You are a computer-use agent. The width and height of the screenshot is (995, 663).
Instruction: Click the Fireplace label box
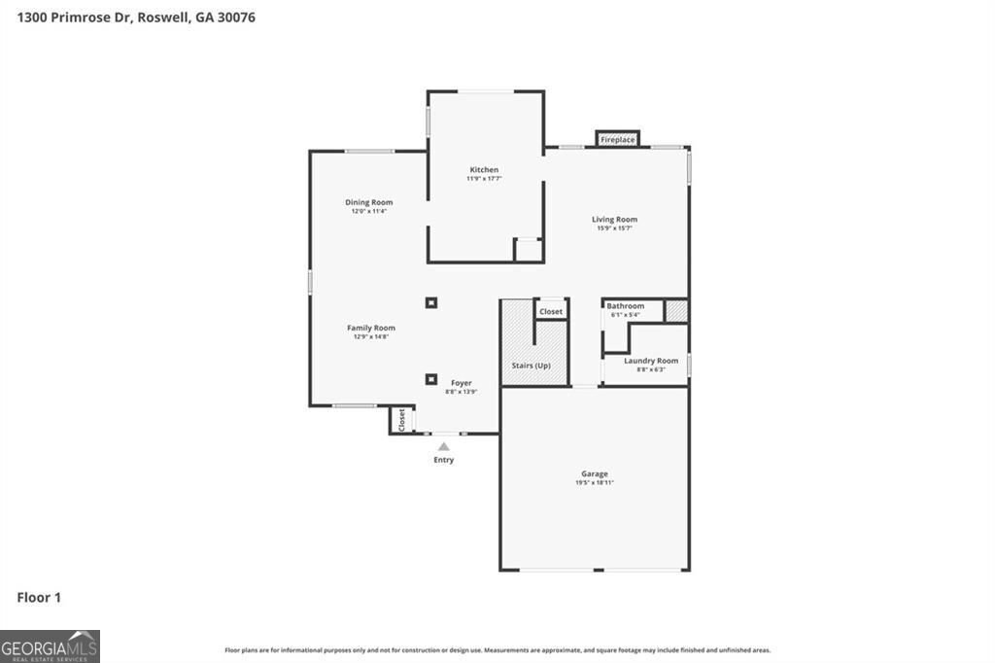(x=617, y=140)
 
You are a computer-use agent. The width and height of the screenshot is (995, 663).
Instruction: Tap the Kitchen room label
(x=483, y=170)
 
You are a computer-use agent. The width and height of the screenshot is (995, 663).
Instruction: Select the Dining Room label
(x=368, y=202)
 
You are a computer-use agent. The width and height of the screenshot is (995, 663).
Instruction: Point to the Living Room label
(x=614, y=220)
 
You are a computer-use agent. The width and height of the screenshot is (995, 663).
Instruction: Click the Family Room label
(x=371, y=328)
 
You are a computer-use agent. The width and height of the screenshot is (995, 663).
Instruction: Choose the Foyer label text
(x=461, y=383)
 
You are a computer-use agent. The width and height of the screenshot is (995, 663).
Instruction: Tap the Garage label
(x=595, y=473)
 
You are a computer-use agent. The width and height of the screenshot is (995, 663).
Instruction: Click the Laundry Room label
(x=651, y=361)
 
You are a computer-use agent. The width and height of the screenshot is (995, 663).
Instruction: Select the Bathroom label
(x=626, y=306)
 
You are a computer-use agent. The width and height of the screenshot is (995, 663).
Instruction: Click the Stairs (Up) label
(x=532, y=366)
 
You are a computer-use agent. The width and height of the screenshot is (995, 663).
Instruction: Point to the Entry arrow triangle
(x=444, y=447)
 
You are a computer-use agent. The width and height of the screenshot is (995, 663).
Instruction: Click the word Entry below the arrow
(x=444, y=460)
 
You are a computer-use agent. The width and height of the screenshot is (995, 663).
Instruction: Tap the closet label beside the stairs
(x=551, y=312)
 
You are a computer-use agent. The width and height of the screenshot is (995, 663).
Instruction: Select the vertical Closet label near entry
(x=401, y=420)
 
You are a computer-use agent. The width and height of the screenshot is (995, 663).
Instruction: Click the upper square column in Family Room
(x=431, y=302)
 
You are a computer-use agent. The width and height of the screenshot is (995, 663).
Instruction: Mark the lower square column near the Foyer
(x=430, y=379)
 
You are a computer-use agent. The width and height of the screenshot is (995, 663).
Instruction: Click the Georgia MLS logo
(x=50, y=646)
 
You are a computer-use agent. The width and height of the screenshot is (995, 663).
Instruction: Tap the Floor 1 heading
(x=39, y=598)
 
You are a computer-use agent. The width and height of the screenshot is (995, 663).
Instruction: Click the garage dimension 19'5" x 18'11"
(x=595, y=482)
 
